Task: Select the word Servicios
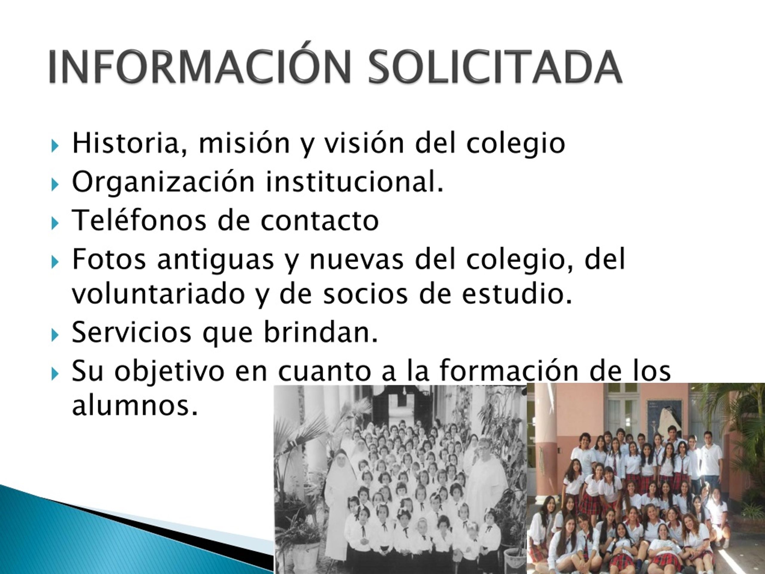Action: pyautogui.click(x=131, y=332)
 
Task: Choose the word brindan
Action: pyautogui.click(x=321, y=332)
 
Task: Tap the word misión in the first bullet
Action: pyautogui.click(x=244, y=143)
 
